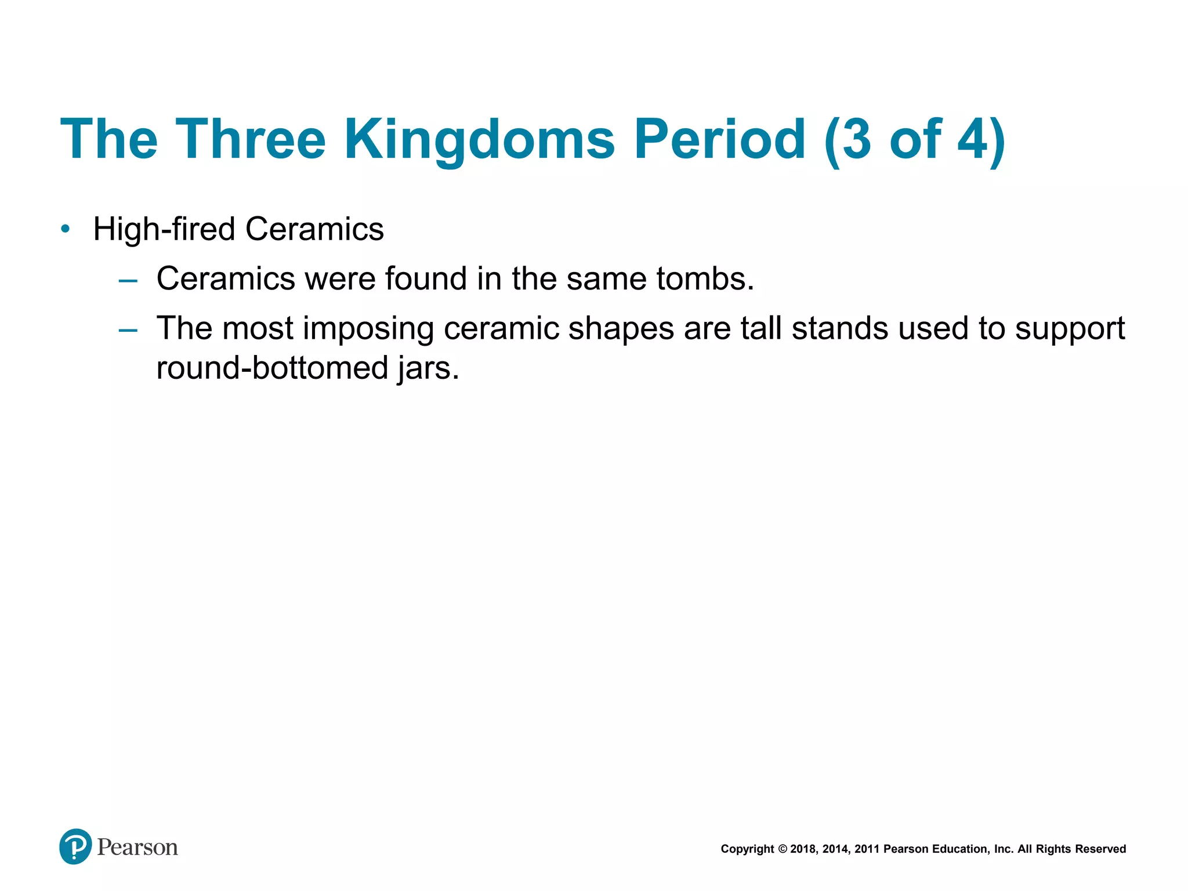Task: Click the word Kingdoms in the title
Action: click(479, 139)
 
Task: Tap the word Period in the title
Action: click(719, 139)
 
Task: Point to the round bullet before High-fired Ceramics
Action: click(66, 229)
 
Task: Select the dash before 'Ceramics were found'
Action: click(128, 281)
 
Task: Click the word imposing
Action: click(368, 329)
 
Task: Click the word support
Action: click(1071, 329)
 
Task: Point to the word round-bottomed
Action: click(272, 368)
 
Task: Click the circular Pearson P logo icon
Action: click(75, 846)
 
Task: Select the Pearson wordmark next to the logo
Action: click(137, 847)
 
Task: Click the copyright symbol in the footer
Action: click(782, 849)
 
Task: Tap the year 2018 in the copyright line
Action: click(803, 849)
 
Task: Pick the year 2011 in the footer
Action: click(867, 849)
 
